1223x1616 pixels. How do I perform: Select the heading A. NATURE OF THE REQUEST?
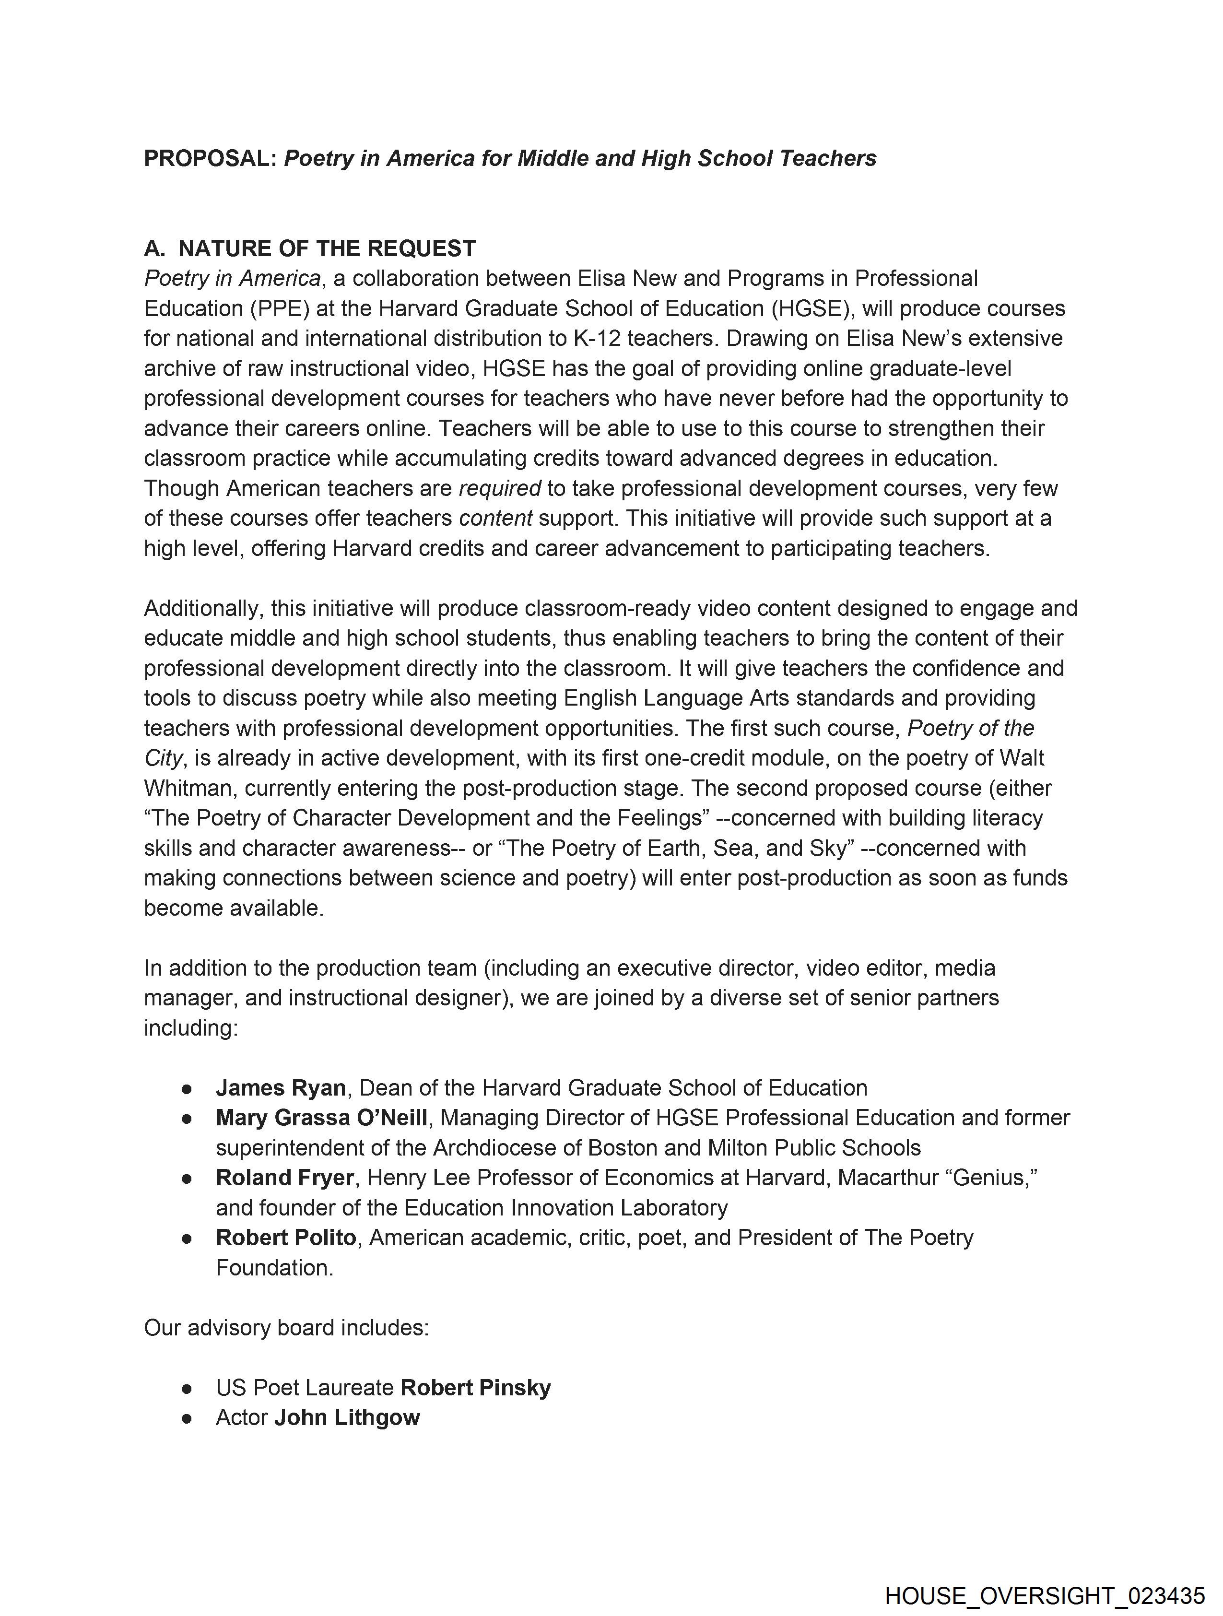coord(310,248)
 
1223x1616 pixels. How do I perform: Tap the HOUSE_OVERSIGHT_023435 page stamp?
coord(1044,1595)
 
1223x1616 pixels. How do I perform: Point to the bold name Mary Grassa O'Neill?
coord(321,1118)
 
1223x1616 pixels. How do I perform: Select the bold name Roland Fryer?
coord(285,1178)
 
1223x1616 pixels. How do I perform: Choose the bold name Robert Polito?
coord(286,1238)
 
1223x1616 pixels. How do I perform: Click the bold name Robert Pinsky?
coord(476,1387)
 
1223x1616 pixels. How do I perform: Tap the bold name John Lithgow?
coord(347,1417)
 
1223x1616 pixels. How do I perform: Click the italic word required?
coord(500,488)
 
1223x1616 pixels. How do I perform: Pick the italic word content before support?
coord(495,518)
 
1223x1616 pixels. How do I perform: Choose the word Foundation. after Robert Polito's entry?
coord(275,1268)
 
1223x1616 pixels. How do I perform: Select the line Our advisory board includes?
coord(286,1327)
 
